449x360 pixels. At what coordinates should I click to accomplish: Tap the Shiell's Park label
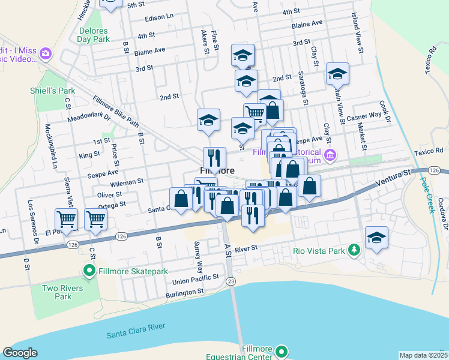click(x=52, y=91)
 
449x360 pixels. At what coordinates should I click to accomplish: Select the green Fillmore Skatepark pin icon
click(x=90, y=272)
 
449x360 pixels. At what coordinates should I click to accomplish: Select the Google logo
click(x=20, y=353)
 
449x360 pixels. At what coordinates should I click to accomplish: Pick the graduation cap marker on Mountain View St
click(x=337, y=74)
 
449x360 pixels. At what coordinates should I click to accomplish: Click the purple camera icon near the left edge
click(x=45, y=55)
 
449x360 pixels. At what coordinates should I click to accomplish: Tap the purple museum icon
click(x=330, y=157)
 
